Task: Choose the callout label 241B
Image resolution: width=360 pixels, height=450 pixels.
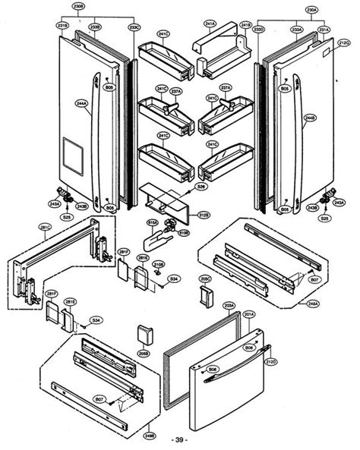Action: tap(245, 25)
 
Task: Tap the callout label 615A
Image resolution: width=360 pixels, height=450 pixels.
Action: tap(152, 222)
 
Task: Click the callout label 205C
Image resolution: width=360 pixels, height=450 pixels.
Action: tap(205, 278)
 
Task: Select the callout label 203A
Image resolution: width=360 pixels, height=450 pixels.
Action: tap(229, 305)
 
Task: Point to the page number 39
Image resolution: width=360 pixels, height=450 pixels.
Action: tap(180, 440)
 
